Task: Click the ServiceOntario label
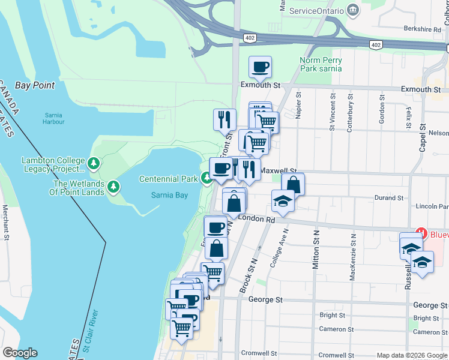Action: (x=316, y=11)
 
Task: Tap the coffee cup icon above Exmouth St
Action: (x=260, y=67)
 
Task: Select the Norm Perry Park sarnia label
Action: (x=321, y=64)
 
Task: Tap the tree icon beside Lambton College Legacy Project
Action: (x=93, y=163)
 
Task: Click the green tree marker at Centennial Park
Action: (x=206, y=178)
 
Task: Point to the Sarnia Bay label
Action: (x=169, y=195)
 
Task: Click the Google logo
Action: (x=20, y=353)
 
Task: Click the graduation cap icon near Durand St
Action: (x=282, y=202)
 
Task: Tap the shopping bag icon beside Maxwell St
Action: (x=292, y=184)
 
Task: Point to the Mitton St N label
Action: (x=315, y=252)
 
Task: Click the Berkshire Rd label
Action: (x=422, y=29)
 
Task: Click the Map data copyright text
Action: (x=412, y=355)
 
